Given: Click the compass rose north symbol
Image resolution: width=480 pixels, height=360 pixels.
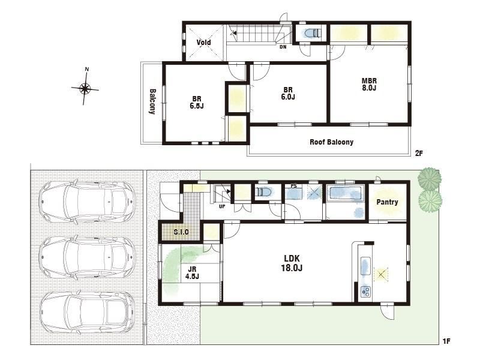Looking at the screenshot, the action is (x=85, y=88).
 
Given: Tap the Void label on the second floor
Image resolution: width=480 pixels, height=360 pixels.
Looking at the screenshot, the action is (x=203, y=42).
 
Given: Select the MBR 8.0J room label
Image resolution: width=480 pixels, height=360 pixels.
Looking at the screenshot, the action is (x=369, y=85).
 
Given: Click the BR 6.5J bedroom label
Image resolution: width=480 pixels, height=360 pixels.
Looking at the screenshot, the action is (x=197, y=102).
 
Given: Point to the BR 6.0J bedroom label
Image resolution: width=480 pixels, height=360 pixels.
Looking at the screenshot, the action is (x=288, y=94).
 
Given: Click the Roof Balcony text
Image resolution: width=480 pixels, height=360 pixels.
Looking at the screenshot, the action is (x=332, y=142).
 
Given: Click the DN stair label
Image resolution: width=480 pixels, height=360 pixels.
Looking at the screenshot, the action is (x=283, y=47).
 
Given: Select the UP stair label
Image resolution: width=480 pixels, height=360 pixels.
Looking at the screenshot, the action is (x=222, y=206).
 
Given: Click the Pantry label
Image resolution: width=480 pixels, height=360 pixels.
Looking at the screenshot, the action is (x=387, y=202).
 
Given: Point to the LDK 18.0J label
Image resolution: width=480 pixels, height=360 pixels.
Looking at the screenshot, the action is (x=292, y=263).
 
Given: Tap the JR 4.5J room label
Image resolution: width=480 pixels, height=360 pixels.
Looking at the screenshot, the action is (x=192, y=273).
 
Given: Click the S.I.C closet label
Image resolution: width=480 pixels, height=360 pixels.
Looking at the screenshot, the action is (x=181, y=232).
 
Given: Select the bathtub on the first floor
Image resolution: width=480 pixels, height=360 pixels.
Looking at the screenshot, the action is (x=346, y=193).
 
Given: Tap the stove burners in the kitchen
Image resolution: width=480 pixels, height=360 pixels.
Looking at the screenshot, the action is (x=366, y=292).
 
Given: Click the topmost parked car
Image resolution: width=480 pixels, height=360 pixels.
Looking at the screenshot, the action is (x=88, y=202).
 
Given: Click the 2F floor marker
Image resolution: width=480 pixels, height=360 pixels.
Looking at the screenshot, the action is (x=419, y=153).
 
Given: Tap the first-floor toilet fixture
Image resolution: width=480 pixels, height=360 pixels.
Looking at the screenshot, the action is (x=264, y=192).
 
